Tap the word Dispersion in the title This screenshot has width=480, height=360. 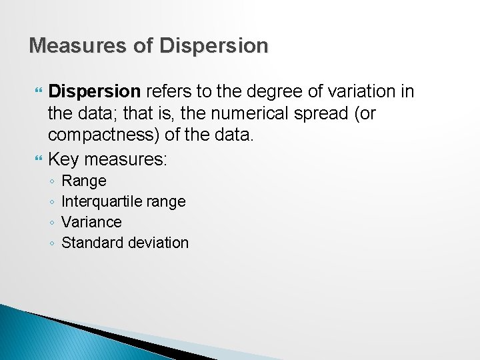pos(214,45)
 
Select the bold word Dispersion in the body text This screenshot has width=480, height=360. pos(94,91)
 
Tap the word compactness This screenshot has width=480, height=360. pos(101,137)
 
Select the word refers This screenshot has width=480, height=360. pos(167,91)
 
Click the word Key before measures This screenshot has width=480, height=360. pos(64,160)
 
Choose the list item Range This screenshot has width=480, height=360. pos(83,181)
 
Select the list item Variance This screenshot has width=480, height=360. pos(91,222)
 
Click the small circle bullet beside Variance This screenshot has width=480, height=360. pos(52,223)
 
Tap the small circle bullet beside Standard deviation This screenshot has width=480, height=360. pos(52,243)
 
